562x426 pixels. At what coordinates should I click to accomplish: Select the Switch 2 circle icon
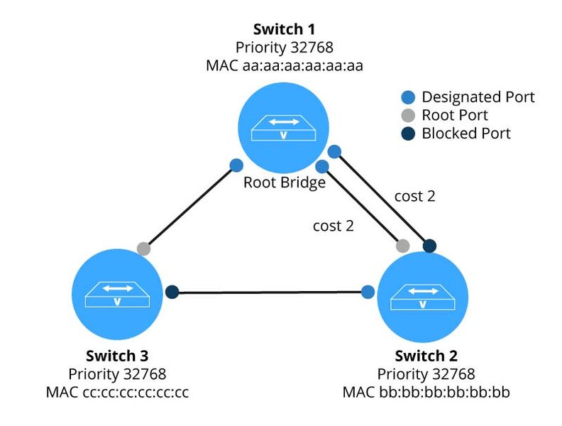[423, 298]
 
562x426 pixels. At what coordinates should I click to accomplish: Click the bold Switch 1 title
[283, 31]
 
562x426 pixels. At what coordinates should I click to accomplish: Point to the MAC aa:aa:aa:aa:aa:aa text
[283, 65]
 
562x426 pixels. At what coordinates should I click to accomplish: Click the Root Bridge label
[284, 182]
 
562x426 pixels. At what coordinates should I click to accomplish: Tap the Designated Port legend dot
[407, 97]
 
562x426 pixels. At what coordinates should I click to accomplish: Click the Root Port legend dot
[407, 115]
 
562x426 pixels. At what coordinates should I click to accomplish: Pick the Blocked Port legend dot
[407, 133]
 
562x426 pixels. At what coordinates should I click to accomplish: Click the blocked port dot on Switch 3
[171, 291]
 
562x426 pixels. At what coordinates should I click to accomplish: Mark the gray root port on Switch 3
[143, 248]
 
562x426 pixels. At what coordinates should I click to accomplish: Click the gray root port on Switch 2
[402, 246]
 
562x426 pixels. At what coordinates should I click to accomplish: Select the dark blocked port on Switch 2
[429, 246]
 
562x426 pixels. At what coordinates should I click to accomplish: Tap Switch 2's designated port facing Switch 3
[368, 292]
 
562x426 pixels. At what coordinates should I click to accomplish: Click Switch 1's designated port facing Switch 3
[237, 165]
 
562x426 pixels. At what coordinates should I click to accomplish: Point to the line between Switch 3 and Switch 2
[270, 291]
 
